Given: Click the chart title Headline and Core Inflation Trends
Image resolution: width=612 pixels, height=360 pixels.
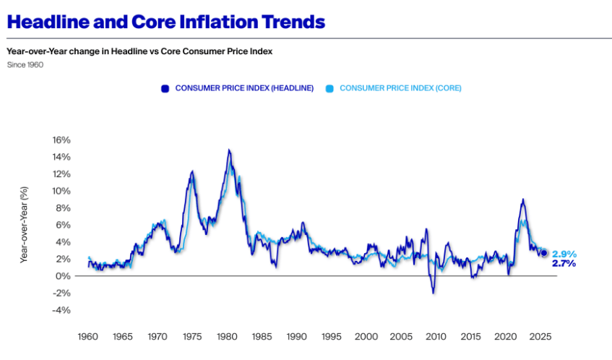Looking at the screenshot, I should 165,22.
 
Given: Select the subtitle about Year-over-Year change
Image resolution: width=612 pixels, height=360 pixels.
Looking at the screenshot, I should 139,51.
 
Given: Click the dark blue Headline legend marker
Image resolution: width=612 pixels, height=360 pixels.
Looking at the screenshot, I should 165,88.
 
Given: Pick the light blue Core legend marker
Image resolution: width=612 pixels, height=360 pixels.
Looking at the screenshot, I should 329,88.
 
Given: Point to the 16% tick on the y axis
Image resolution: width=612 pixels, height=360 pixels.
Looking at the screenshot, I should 60,140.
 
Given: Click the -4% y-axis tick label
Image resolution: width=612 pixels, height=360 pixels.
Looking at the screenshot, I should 60,310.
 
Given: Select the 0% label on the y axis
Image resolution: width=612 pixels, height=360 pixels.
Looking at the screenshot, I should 62,276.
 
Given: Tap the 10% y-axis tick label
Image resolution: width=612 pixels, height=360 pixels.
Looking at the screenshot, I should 60,191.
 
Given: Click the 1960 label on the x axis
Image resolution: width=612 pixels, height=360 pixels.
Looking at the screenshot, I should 87,337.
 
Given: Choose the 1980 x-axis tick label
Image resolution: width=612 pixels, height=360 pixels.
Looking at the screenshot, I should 227,337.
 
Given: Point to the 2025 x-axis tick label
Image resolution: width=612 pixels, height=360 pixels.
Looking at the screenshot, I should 540,337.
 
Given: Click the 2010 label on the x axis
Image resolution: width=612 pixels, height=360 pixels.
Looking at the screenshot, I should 436,337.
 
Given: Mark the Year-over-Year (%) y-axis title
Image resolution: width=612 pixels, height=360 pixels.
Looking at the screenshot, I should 25,225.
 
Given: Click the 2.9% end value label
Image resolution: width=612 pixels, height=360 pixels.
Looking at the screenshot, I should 564,254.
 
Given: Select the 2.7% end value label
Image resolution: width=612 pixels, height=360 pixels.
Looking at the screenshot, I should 564,264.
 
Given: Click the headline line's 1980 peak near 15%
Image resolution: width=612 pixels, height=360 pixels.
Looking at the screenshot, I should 228,150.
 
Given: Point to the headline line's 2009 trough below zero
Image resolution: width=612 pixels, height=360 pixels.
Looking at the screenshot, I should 434,292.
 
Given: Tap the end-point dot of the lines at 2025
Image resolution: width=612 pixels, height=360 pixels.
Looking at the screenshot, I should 544,252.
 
